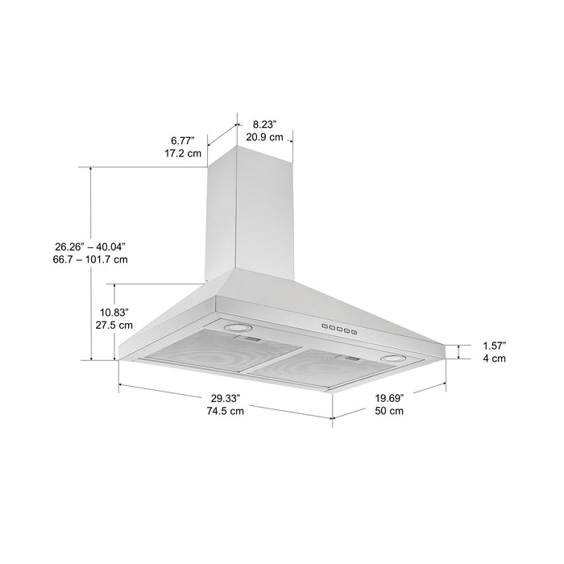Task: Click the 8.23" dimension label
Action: point(264,124)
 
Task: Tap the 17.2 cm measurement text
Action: point(184,153)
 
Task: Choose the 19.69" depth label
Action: point(389,397)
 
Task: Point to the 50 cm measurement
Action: point(389,411)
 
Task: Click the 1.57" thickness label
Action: point(494,345)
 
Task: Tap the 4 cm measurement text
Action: point(494,359)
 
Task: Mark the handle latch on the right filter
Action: point(354,358)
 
